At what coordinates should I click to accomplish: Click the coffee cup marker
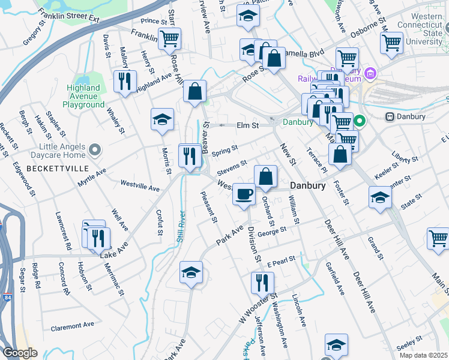[x=244, y=194]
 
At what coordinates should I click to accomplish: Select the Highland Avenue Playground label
[x=84, y=96]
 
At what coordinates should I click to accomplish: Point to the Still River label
[x=179, y=227]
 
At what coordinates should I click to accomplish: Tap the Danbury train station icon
[x=390, y=116]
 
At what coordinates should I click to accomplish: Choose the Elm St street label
[x=247, y=125]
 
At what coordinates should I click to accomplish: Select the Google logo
[x=20, y=353]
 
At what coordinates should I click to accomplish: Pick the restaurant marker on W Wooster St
[x=262, y=282]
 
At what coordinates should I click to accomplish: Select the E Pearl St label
[x=282, y=262]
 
